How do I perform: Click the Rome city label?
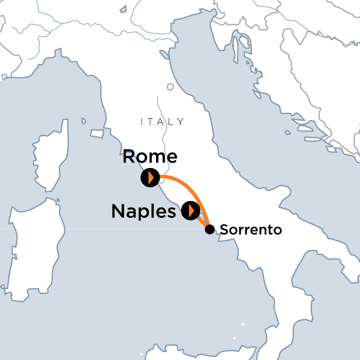coord(150,157)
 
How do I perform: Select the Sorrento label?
coord(251,230)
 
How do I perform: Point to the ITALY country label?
coord(162,122)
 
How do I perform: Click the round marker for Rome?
coord(149,178)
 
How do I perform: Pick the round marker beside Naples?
coord(191,210)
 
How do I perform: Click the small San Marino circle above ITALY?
coord(170,87)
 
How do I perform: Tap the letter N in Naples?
coord(120,211)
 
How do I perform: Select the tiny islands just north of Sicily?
coord(243,326)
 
